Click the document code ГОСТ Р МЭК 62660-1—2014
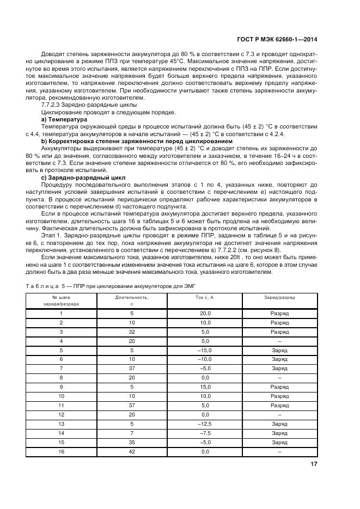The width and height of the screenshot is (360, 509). (277, 40)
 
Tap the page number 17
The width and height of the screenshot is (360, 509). (314, 464)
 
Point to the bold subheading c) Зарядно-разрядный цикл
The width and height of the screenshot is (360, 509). (83, 177)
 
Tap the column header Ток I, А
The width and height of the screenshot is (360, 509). (205, 298)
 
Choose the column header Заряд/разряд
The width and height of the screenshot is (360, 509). (279, 298)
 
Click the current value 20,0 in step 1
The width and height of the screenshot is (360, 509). (205, 314)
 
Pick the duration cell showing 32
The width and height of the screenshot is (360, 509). (132, 332)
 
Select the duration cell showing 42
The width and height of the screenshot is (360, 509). (132, 452)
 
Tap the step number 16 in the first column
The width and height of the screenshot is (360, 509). (61, 452)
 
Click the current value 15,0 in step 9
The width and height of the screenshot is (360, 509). (205, 387)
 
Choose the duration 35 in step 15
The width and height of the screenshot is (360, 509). (132, 443)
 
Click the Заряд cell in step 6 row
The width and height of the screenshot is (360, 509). (279, 359)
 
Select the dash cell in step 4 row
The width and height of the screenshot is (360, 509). (279, 341)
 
